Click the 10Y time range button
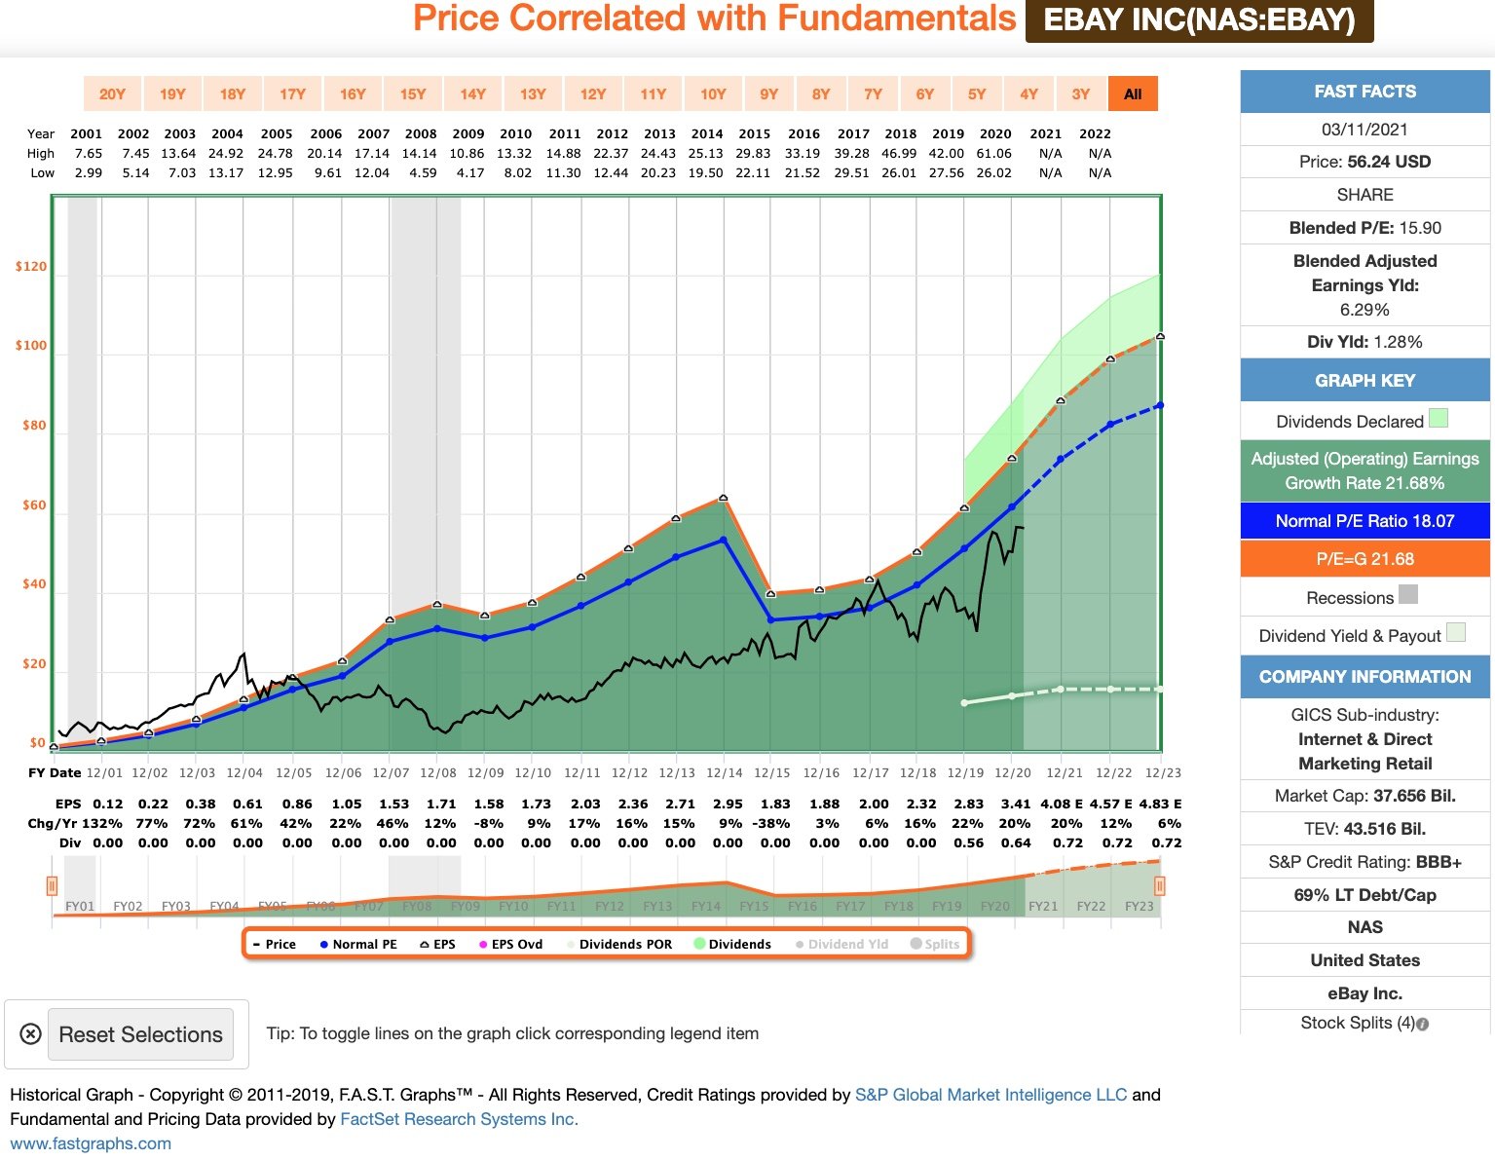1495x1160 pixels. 713,94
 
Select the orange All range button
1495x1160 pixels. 1133,94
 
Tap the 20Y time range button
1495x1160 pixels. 112,94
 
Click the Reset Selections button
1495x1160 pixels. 141,1034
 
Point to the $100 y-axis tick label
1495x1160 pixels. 31,346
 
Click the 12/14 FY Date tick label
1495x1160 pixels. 725,772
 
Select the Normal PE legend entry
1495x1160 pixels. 358,944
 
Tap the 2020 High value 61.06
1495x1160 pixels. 994,153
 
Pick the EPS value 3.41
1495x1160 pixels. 1016,804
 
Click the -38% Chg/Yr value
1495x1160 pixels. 775,823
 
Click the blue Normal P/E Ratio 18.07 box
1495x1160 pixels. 1364,521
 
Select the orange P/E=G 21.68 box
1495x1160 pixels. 1364,559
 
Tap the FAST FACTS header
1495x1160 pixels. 1364,92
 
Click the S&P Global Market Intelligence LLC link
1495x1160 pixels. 990,1095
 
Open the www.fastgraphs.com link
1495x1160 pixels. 91,1143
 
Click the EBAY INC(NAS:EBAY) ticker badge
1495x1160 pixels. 1199,20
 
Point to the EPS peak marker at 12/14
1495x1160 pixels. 724,498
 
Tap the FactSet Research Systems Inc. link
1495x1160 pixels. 459,1119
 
